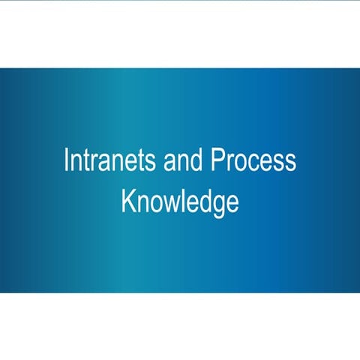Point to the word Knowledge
pos(180,201)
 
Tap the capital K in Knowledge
pos(127,201)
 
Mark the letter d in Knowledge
pos(204,201)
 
